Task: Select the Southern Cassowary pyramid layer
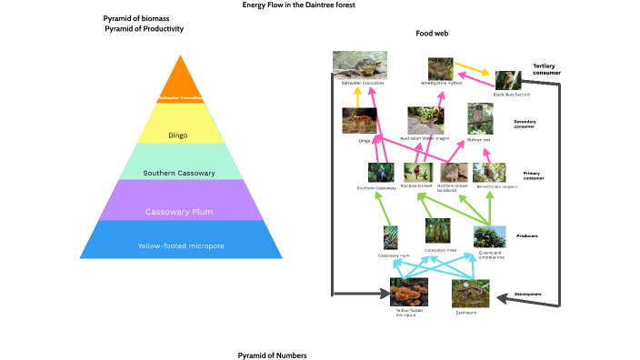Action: point(178,173)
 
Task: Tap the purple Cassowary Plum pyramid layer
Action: point(178,212)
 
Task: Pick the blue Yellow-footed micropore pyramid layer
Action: point(178,245)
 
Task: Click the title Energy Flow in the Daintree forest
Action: point(298,5)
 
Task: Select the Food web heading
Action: point(432,33)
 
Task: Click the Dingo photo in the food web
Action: point(359,122)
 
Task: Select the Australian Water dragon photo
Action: point(425,120)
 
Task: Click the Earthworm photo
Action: point(471,293)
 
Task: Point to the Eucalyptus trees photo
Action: point(438,232)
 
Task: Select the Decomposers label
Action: point(528,294)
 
